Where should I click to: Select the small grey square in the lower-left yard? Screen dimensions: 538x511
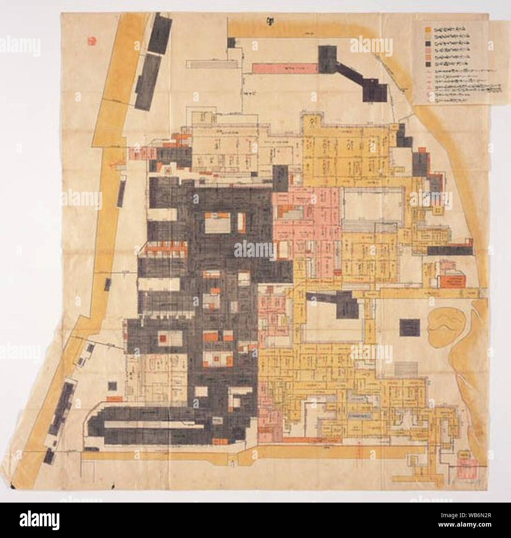112,387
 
